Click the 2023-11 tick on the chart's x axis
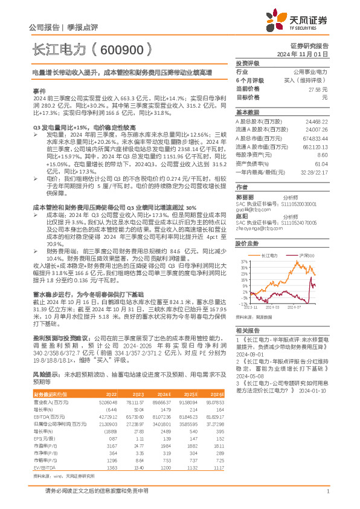pos(249,308)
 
